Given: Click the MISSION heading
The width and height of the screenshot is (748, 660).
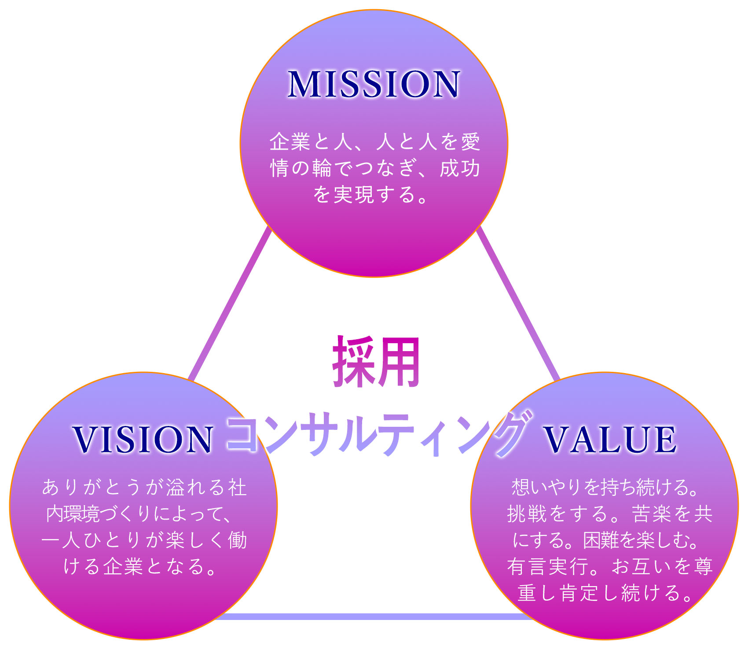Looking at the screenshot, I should click(374, 84).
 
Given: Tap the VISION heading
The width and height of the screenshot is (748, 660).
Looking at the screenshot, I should click(143, 439).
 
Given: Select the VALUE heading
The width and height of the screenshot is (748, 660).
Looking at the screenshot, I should click(610, 439).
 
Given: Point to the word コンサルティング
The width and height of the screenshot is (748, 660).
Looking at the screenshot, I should click(378, 433).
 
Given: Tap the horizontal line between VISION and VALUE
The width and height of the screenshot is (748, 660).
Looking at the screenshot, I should click(374, 616).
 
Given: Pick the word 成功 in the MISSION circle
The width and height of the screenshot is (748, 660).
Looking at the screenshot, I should click(459, 169).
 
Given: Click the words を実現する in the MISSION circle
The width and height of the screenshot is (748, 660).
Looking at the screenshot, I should click(361, 195).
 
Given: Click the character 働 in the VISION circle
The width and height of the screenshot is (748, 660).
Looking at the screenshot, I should click(237, 540).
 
